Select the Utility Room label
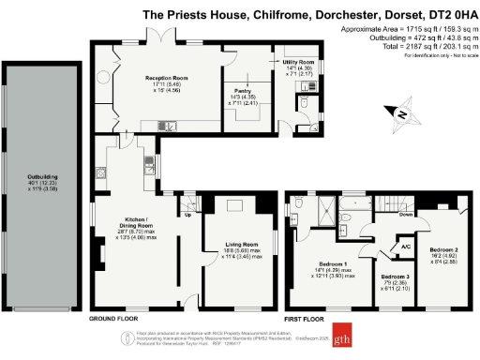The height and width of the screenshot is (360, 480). click(297, 62)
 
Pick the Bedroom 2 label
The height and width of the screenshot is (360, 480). click(444, 250)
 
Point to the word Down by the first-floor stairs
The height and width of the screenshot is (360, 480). click(406, 213)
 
